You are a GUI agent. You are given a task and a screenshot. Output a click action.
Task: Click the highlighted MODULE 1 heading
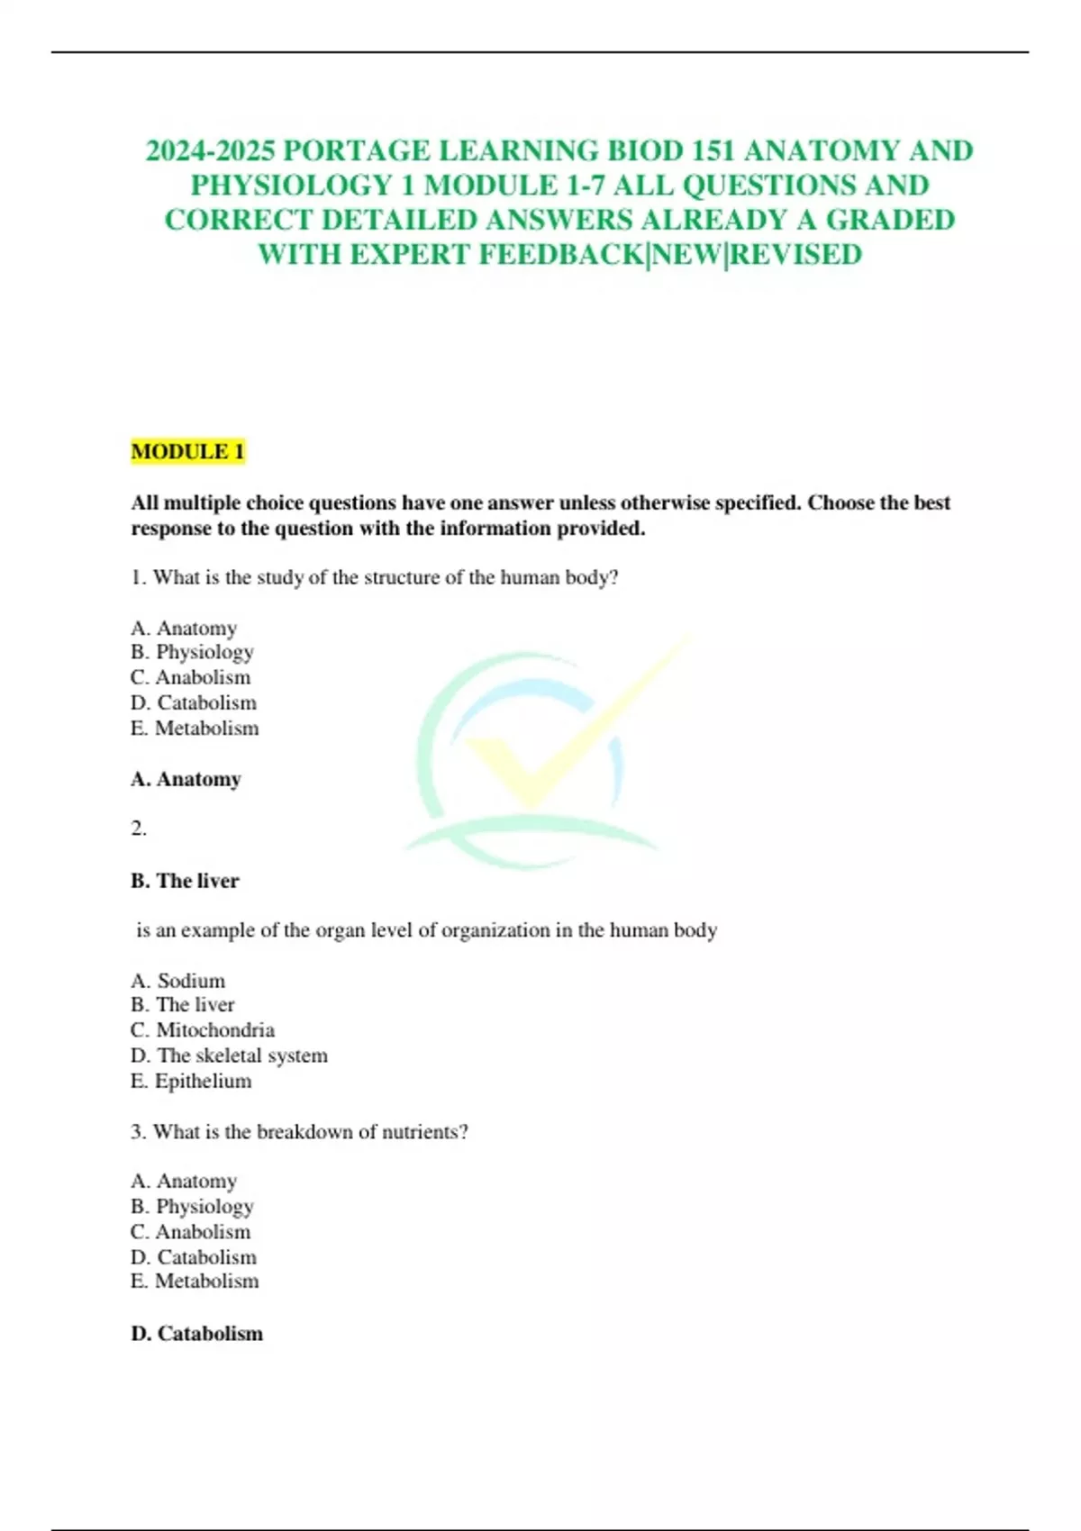[x=187, y=451]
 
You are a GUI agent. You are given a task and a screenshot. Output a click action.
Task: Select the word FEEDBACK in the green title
[x=561, y=255]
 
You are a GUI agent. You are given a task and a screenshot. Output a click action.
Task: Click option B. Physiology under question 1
[x=192, y=652]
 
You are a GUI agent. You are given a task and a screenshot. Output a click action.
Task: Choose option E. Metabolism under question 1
[x=195, y=728]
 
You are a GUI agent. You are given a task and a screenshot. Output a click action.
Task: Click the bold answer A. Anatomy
[x=186, y=779]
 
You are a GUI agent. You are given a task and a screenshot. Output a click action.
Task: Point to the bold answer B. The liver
[x=185, y=881]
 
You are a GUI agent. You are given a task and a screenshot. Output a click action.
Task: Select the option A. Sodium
[x=178, y=980]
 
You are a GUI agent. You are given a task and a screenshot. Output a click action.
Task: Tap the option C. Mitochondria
[x=203, y=1029]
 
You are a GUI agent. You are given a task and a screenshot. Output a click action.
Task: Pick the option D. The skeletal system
[x=229, y=1055]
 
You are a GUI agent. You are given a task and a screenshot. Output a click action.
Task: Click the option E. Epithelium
[x=191, y=1081]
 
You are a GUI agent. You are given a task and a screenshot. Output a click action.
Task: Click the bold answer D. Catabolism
[x=196, y=1333]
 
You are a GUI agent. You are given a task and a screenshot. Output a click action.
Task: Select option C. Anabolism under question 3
[x=191, y=1231]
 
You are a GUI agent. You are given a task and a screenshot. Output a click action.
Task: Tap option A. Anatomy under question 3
[x=184, y=1181]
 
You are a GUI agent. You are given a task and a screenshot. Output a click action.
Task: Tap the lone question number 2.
[x=139, y=829]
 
